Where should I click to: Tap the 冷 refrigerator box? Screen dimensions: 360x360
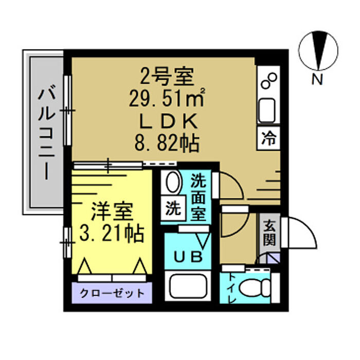[x=268, y=138]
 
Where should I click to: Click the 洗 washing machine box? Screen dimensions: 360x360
[x=173, y=208]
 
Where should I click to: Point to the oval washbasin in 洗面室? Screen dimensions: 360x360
[x=174, y=183]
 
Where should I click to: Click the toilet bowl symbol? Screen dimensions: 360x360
[x=255, y=289]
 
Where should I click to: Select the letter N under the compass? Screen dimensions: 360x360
[x=317, y=79]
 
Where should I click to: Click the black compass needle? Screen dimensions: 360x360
[x=318, y=50]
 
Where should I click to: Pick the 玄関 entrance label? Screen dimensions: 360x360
[x=269, y=232]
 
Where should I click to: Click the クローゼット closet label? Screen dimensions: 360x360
[x=112, y=293]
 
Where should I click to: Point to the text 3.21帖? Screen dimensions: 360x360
[x=112, y=233]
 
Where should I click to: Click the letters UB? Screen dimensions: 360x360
[x=188, y=257]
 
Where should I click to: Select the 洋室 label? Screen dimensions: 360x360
[x=112, y=211]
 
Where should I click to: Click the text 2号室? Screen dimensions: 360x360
[x=167, y=76]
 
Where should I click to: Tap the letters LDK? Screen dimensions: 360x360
[x=169, y=121]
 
